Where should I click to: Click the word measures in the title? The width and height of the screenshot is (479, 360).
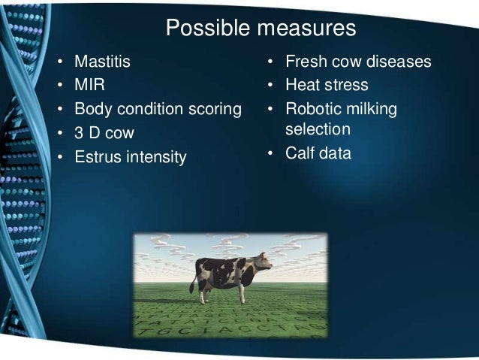(x=306, y=28)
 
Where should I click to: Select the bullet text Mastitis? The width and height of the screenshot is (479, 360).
(x=102, y=61)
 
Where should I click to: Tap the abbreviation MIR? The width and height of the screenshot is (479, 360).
(x=89, y=85)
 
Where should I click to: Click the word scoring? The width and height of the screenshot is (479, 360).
(x=215, y=110)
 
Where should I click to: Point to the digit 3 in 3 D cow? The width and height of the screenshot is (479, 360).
(x=79, y=133)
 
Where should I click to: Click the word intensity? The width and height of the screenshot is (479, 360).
(x=156, y=157)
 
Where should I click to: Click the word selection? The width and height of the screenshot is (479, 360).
(x=318, y=129)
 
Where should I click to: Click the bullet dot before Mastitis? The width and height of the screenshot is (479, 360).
(x=60, y=62)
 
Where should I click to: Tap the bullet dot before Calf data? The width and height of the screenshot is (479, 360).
(x=270, y=153)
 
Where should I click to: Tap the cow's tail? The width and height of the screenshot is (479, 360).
(x=194, y=281)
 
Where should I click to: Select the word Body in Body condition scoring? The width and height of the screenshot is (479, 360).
(x=93, y=110)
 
